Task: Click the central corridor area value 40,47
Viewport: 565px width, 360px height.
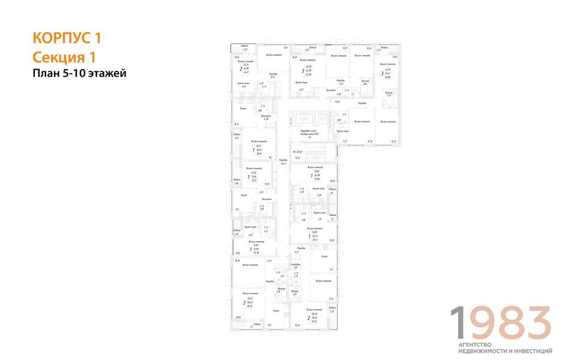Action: (274, 164)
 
